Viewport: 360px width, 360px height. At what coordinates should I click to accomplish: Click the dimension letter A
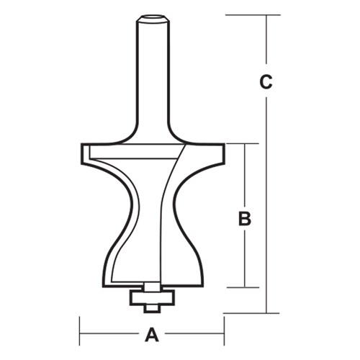click(152, 334)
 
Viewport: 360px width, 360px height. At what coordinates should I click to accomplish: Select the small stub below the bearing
click(151, 307)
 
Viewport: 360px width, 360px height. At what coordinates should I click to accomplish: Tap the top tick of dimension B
click(246, 144)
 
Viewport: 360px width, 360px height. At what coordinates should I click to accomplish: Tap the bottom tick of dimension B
click(246, 287)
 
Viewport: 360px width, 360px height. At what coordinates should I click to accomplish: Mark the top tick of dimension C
click(267, 14)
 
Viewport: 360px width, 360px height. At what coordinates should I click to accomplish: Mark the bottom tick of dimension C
click(267, 313)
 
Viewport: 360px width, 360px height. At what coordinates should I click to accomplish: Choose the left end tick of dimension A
click(79, 334)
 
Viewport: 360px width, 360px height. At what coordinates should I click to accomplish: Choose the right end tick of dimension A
click(224, 334)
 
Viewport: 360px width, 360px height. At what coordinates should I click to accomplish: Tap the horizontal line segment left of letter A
click(108, 334)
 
